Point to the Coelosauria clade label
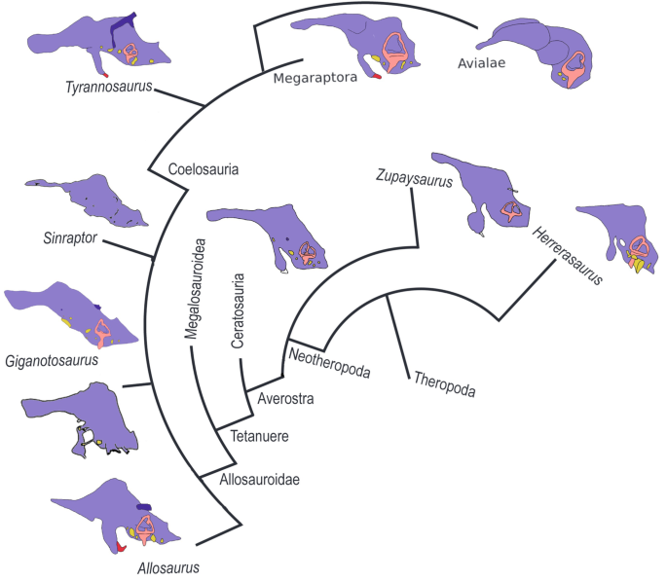click(x=204, y=168)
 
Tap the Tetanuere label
click(x=258, y=437)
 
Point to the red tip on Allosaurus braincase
click(x=122, y=548)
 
